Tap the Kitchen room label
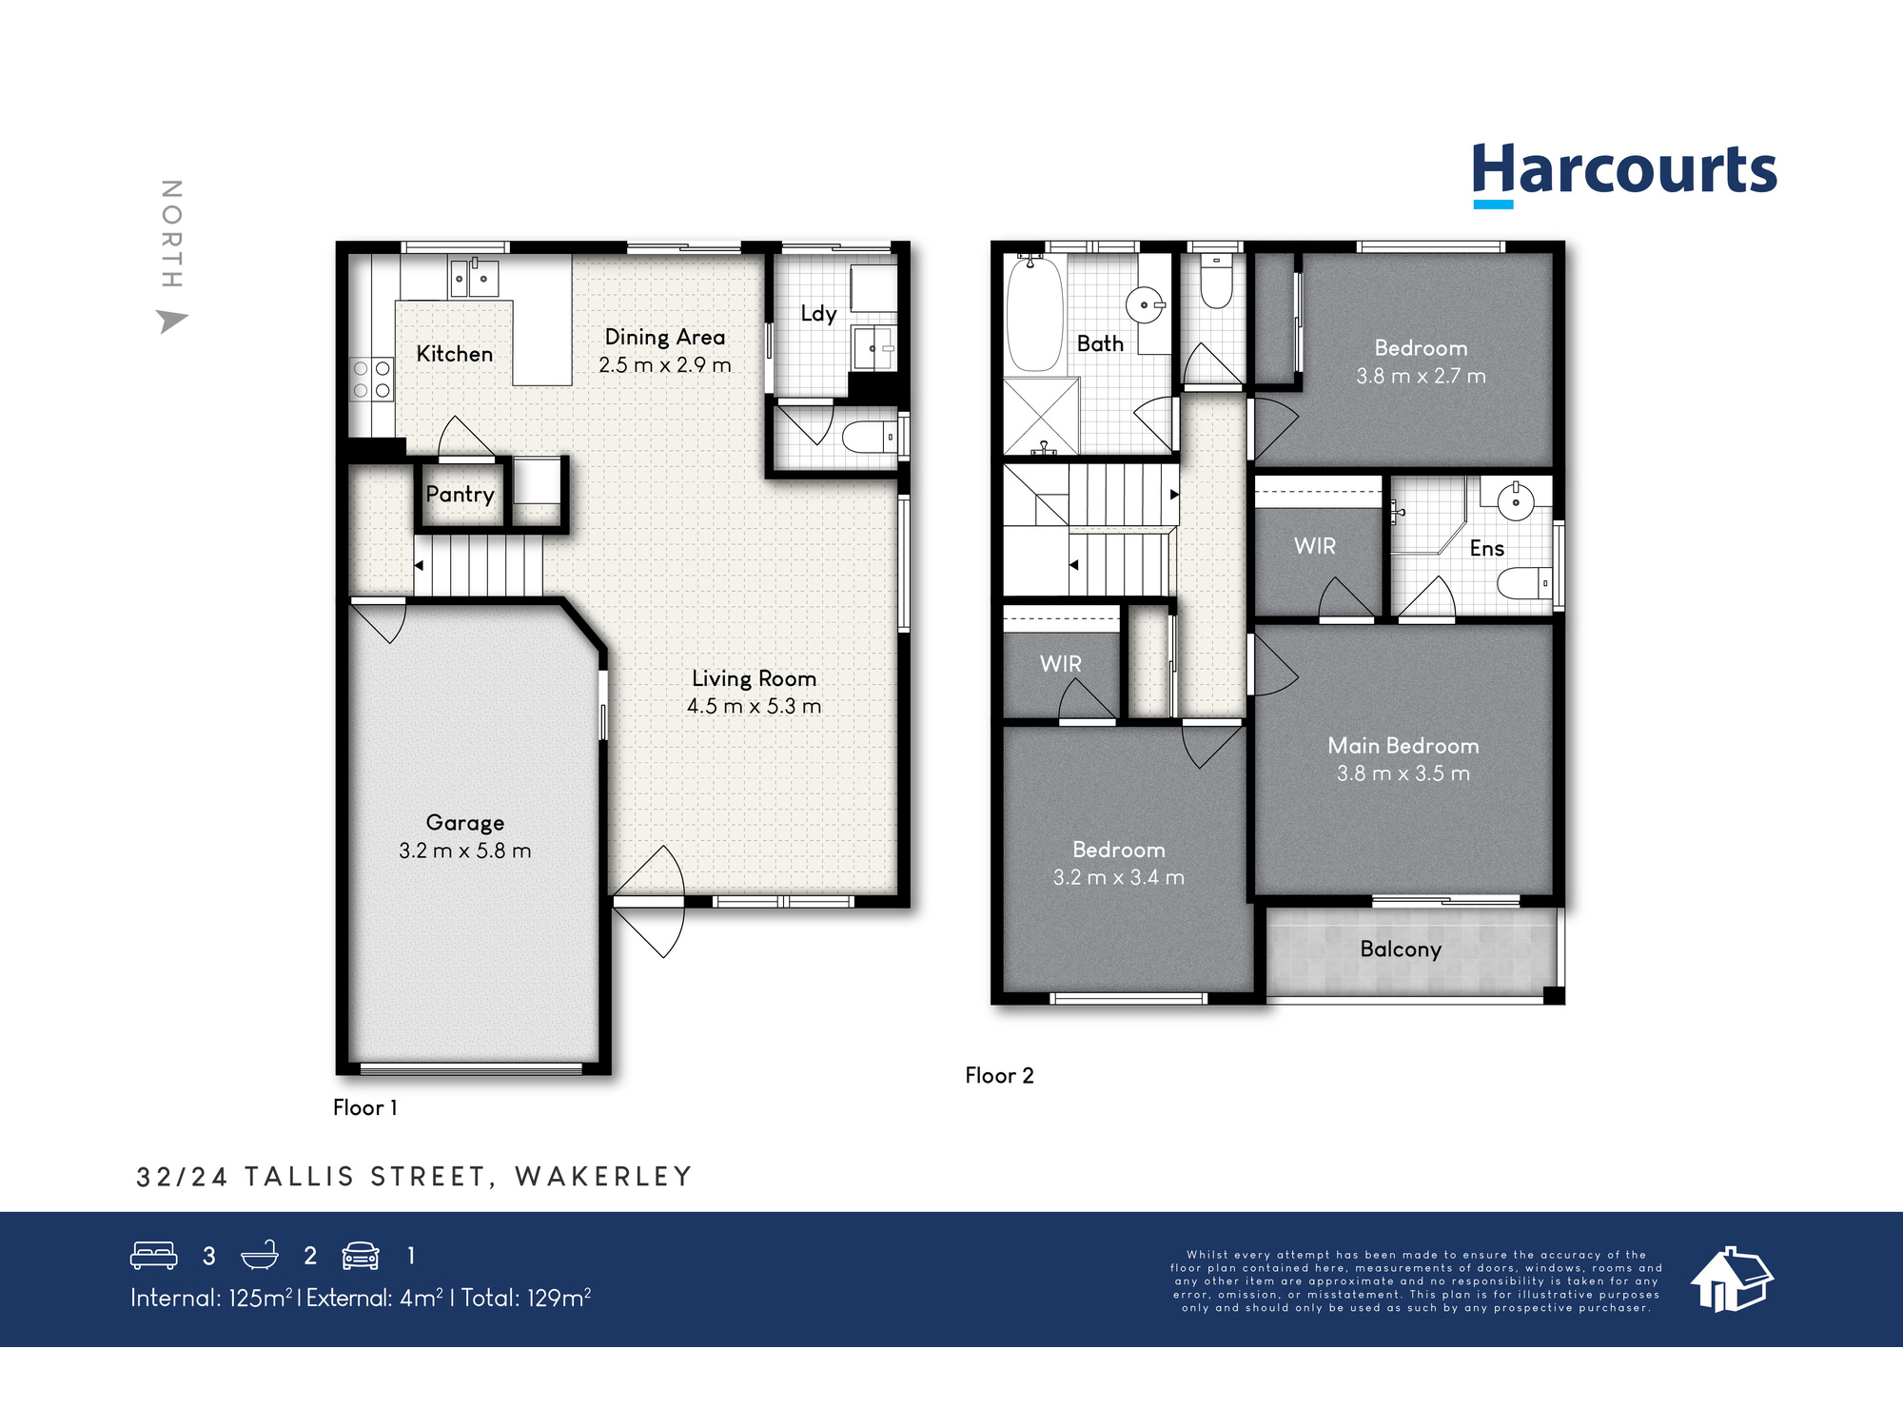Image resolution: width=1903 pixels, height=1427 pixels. (x=455, y=354)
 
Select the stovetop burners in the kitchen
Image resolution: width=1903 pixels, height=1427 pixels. (x=371, y=379)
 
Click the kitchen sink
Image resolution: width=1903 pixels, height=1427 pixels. (x=473, y=278)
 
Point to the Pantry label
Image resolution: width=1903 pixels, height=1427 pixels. (x=460, y=494)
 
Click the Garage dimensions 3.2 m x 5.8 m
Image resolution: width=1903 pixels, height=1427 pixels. (x=464, y=850)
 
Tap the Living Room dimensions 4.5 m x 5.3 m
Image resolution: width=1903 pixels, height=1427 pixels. (x=754, y=706)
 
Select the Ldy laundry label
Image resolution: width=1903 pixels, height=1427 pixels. (x=818, y=313)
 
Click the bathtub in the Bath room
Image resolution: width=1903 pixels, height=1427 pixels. (x=1034, y=314)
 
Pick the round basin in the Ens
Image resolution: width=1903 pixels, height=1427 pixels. (x=1515, y=501)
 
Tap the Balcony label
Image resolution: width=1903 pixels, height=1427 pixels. (x=1401, y=948)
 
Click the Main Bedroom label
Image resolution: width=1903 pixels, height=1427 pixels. (x=1403, y=746)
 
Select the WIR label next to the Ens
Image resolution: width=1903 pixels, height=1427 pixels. (x=1315, y=546)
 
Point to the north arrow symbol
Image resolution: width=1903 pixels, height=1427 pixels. (x=171, y=321)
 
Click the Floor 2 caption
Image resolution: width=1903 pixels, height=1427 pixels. (x=999, y=1075)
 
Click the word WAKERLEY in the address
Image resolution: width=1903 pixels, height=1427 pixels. (x=603, y=1177)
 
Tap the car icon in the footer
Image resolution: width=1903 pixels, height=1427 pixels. (x=361, y=1256)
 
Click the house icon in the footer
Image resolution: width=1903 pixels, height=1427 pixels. (x=1731, y=1280)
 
